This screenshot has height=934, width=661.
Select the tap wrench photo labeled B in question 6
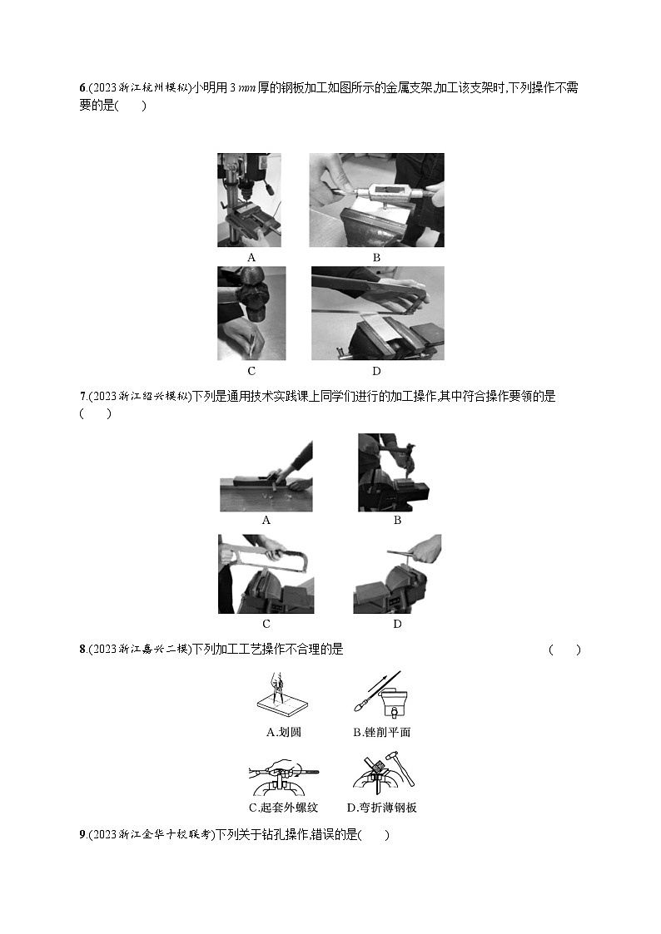(376, 200)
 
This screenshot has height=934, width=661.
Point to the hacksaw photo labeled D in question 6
(377, 313)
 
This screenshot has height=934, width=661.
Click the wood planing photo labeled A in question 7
(266, 476)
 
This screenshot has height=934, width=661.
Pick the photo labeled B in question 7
(396, 472)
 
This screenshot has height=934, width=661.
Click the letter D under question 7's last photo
(397, 624)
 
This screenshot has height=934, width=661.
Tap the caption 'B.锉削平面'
(381, 733)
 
